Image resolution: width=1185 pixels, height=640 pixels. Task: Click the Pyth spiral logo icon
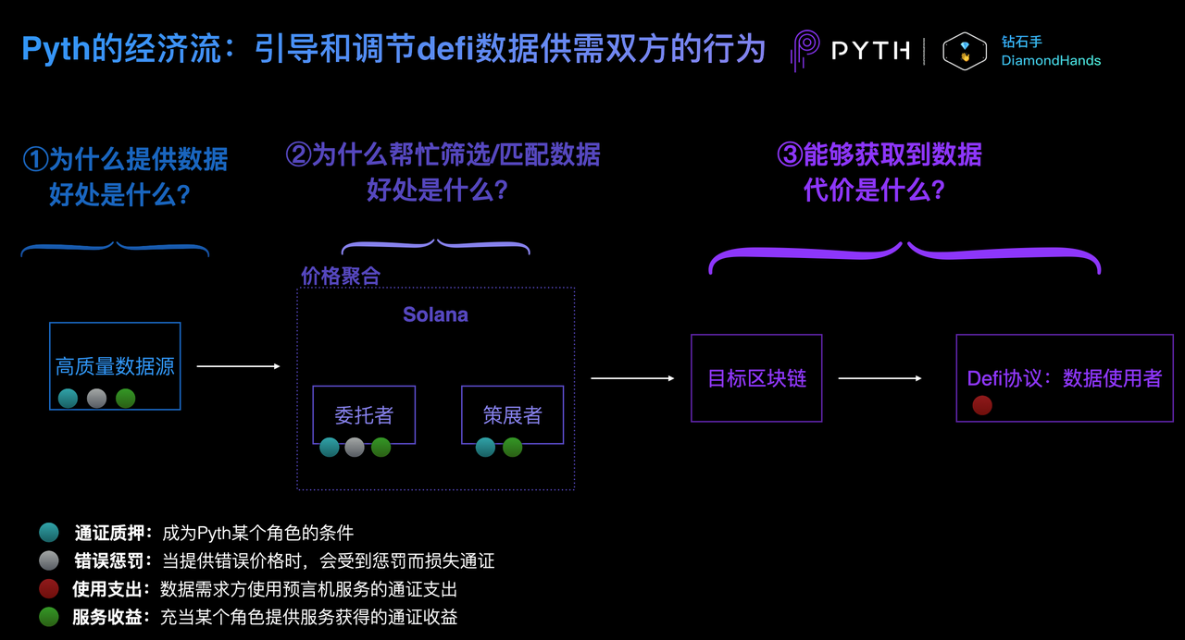pos(805,50)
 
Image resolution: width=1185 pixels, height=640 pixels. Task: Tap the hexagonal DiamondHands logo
pos(965,51)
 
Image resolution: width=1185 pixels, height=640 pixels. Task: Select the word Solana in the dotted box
pos(435,314)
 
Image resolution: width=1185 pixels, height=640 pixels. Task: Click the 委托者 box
pos(364,415)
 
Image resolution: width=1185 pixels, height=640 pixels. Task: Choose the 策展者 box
pos(512,415)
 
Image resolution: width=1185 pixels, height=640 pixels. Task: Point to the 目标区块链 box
pos(756,378)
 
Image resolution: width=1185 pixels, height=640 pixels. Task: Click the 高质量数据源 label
pos(115,366)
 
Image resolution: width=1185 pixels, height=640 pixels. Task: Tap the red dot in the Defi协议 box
pos(982,405)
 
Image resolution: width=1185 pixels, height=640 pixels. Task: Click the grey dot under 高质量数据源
pos(97,398)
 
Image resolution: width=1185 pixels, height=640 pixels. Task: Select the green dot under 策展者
pos(512,447)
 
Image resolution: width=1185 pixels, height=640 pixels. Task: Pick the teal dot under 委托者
pos(329,447)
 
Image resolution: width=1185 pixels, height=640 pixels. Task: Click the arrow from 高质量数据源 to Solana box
pos(238,366)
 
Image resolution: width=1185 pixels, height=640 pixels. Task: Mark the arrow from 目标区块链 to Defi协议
pos(880,378)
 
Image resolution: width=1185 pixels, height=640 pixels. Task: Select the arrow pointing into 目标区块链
pos(632,378)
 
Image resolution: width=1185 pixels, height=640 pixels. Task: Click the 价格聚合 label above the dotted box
pos(341,276)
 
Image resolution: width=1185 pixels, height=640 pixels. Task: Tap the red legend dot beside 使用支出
pos(49,589)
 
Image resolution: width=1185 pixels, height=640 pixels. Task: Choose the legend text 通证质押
pos(108,533)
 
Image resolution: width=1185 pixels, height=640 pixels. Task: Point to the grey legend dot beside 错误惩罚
pos(49,560)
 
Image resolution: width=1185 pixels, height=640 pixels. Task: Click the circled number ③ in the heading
pos(790,154)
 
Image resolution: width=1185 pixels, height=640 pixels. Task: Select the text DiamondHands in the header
pos(1051,61)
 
